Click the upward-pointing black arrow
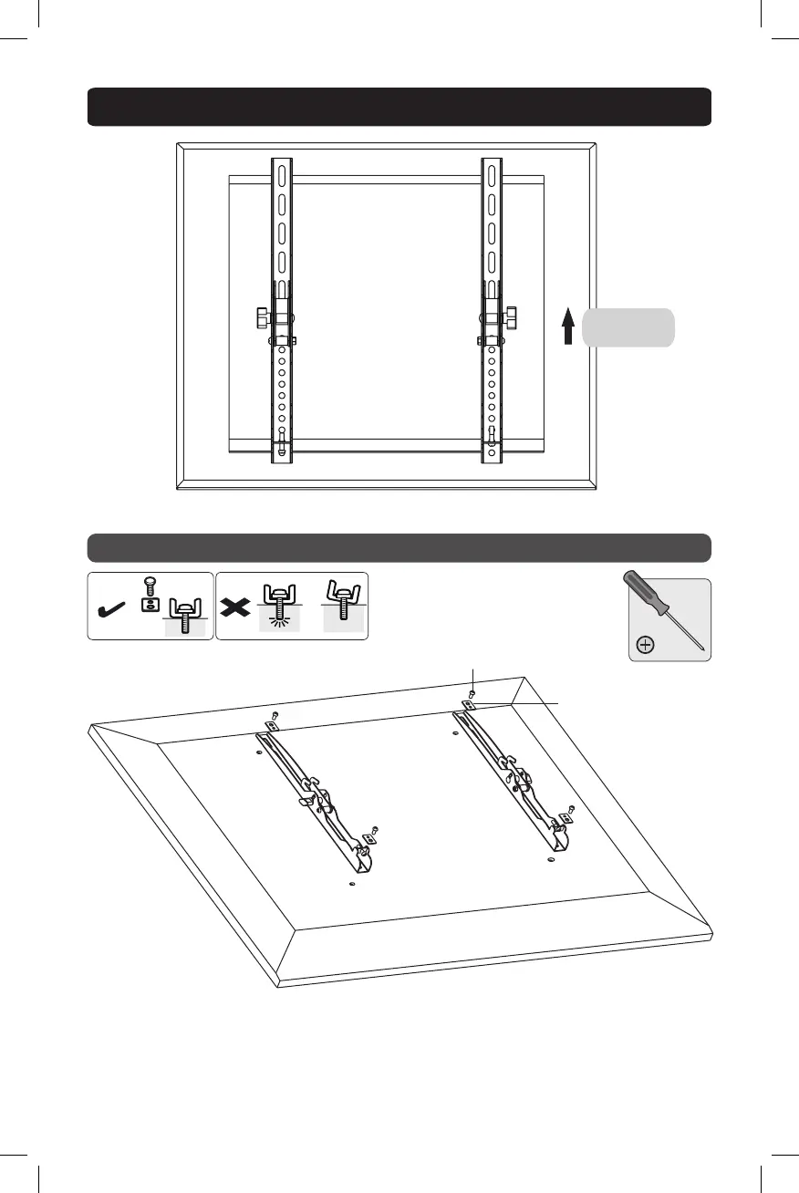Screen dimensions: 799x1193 tap(567, 327)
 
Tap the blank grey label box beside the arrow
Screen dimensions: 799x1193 tap(628, 327)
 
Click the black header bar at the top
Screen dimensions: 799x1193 tap(399, 107)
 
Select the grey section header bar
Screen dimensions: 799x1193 tap(399, 548)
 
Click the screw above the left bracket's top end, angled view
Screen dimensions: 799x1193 tap(277, 714)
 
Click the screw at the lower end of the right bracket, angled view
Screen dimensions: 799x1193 tap(571, 809)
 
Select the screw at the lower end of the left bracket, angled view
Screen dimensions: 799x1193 tap(375, 829)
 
